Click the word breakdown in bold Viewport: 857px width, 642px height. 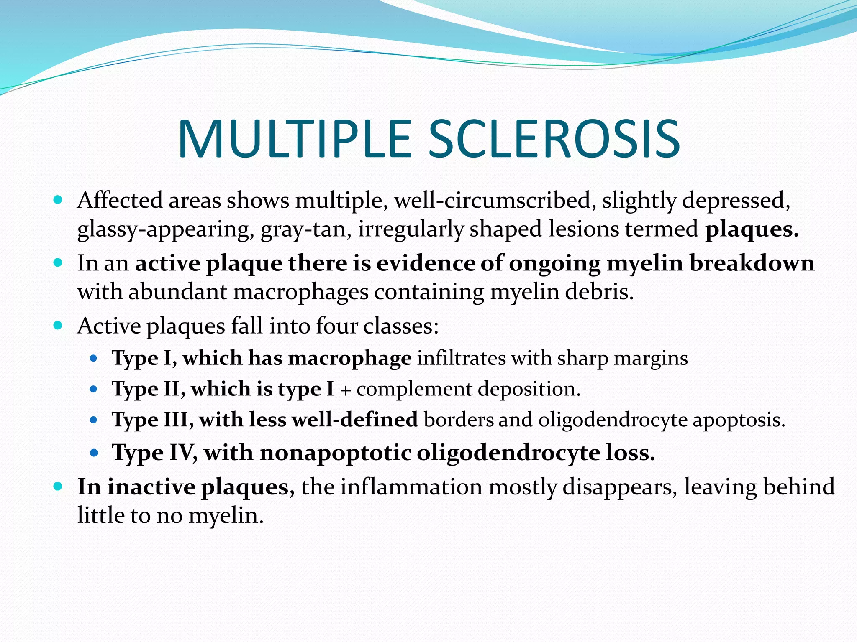(752, 263)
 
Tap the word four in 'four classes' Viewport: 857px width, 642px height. (336, 326)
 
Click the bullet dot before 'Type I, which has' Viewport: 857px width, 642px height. (94, 358)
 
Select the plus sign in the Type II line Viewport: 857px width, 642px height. (345, 390)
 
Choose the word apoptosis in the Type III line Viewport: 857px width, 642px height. (739, 420)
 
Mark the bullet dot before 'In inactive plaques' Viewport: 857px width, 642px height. (58, 487)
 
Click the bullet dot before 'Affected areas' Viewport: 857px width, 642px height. (58, 200)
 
